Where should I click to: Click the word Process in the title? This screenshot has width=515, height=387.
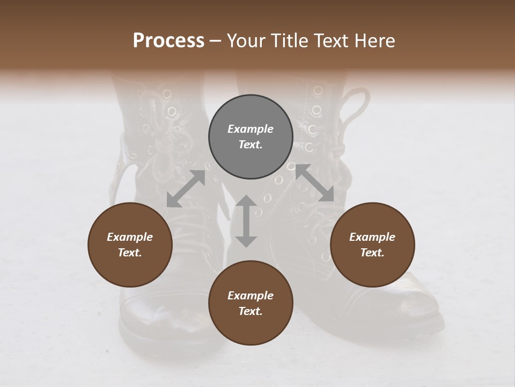(168, 41)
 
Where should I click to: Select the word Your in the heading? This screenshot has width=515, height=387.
(244, 41)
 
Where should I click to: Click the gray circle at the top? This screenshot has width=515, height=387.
(251, 137)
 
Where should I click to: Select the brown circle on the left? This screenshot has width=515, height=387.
(130, 245)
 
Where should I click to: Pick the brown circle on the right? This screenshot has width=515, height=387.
(372, 245)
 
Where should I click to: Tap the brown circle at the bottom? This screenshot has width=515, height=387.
(251, 303)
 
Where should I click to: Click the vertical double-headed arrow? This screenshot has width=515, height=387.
(246, 221)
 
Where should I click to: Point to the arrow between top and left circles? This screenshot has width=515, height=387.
(186, 189)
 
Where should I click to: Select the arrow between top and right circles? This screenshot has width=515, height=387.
(314, 183)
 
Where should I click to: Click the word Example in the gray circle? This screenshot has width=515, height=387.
(251, 129)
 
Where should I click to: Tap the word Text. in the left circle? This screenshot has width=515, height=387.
(130, 253)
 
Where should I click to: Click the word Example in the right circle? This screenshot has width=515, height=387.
(372, 237)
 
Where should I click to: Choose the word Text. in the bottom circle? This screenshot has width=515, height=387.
(251, 311)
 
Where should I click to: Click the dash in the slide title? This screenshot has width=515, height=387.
(215, 41)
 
